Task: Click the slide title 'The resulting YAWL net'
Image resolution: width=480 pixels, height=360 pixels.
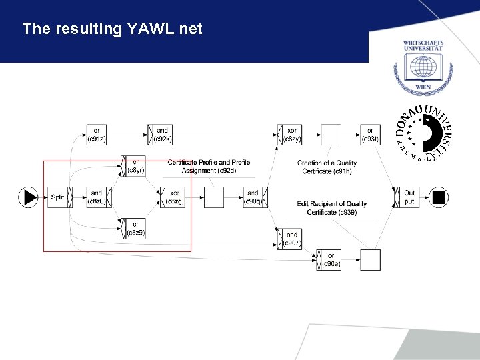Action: (x=112, y=29)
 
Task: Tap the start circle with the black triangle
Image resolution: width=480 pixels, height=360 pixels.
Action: (x=28, y=197)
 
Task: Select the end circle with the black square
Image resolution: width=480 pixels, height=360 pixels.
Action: (x=439, y=197)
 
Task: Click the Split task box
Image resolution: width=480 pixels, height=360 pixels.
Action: (x=58, y=197)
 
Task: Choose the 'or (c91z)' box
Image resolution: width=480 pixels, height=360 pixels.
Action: (x=97, y=135)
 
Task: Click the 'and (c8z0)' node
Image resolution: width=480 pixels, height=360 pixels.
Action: (x=97, y=197)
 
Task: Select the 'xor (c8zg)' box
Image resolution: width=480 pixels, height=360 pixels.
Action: (x=173, y=197)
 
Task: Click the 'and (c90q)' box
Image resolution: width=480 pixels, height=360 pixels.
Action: (x=255, y=197)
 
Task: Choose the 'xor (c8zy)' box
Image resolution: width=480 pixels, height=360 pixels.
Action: (x=291, y=135)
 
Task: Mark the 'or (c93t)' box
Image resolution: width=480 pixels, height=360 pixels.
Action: (x=370, y=135)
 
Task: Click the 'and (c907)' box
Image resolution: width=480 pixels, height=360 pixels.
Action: (x=291, y=239)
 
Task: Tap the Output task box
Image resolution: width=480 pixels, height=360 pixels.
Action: (x=408, y=197)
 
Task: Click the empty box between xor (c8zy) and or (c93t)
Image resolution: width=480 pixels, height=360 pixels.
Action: (x=331, y=135)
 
